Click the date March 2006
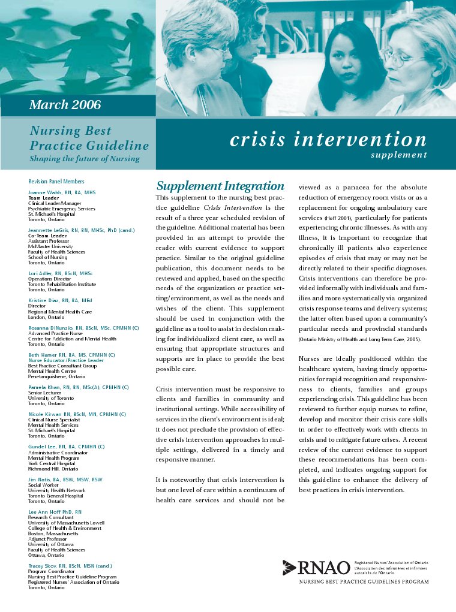(x=65, y=105)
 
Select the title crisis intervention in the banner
(x=328, y=140)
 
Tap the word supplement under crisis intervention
(x=398, y=155)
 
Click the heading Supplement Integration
(x=220, y=186)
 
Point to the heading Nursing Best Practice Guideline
(x=89, y=138)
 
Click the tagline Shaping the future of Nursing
(x=85, y=159)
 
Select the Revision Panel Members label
(x=56, y=181)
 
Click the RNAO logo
(x=316, y=567)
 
